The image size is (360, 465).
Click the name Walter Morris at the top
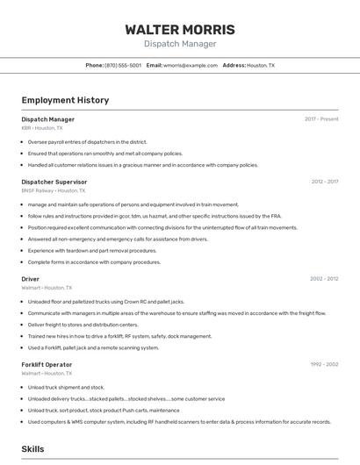point(179,29)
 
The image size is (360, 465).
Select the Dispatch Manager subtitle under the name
point(179,44)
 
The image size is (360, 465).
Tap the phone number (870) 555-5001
point(123,65)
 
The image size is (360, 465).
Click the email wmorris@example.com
point(191,65)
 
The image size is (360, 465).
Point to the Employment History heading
point(65,100)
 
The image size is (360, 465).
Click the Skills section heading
point(32,449)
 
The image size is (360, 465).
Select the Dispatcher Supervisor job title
point(54,182)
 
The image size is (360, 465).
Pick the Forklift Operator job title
point(47,364)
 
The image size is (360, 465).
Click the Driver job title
point(31,279)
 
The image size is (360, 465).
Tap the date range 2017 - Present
point(321,119)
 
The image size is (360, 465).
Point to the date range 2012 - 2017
point(324,182)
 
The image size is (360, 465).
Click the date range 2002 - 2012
point(324,279)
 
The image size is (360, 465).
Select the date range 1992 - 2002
point(324,364)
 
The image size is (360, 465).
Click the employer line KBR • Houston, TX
point(42,127)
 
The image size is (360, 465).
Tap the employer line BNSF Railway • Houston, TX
point(54,190)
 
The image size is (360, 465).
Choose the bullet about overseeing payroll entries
point(87,141)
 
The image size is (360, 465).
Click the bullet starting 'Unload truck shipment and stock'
point(66,387)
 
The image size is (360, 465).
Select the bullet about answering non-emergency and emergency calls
point(118,239)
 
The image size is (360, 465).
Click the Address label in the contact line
point(234,65)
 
